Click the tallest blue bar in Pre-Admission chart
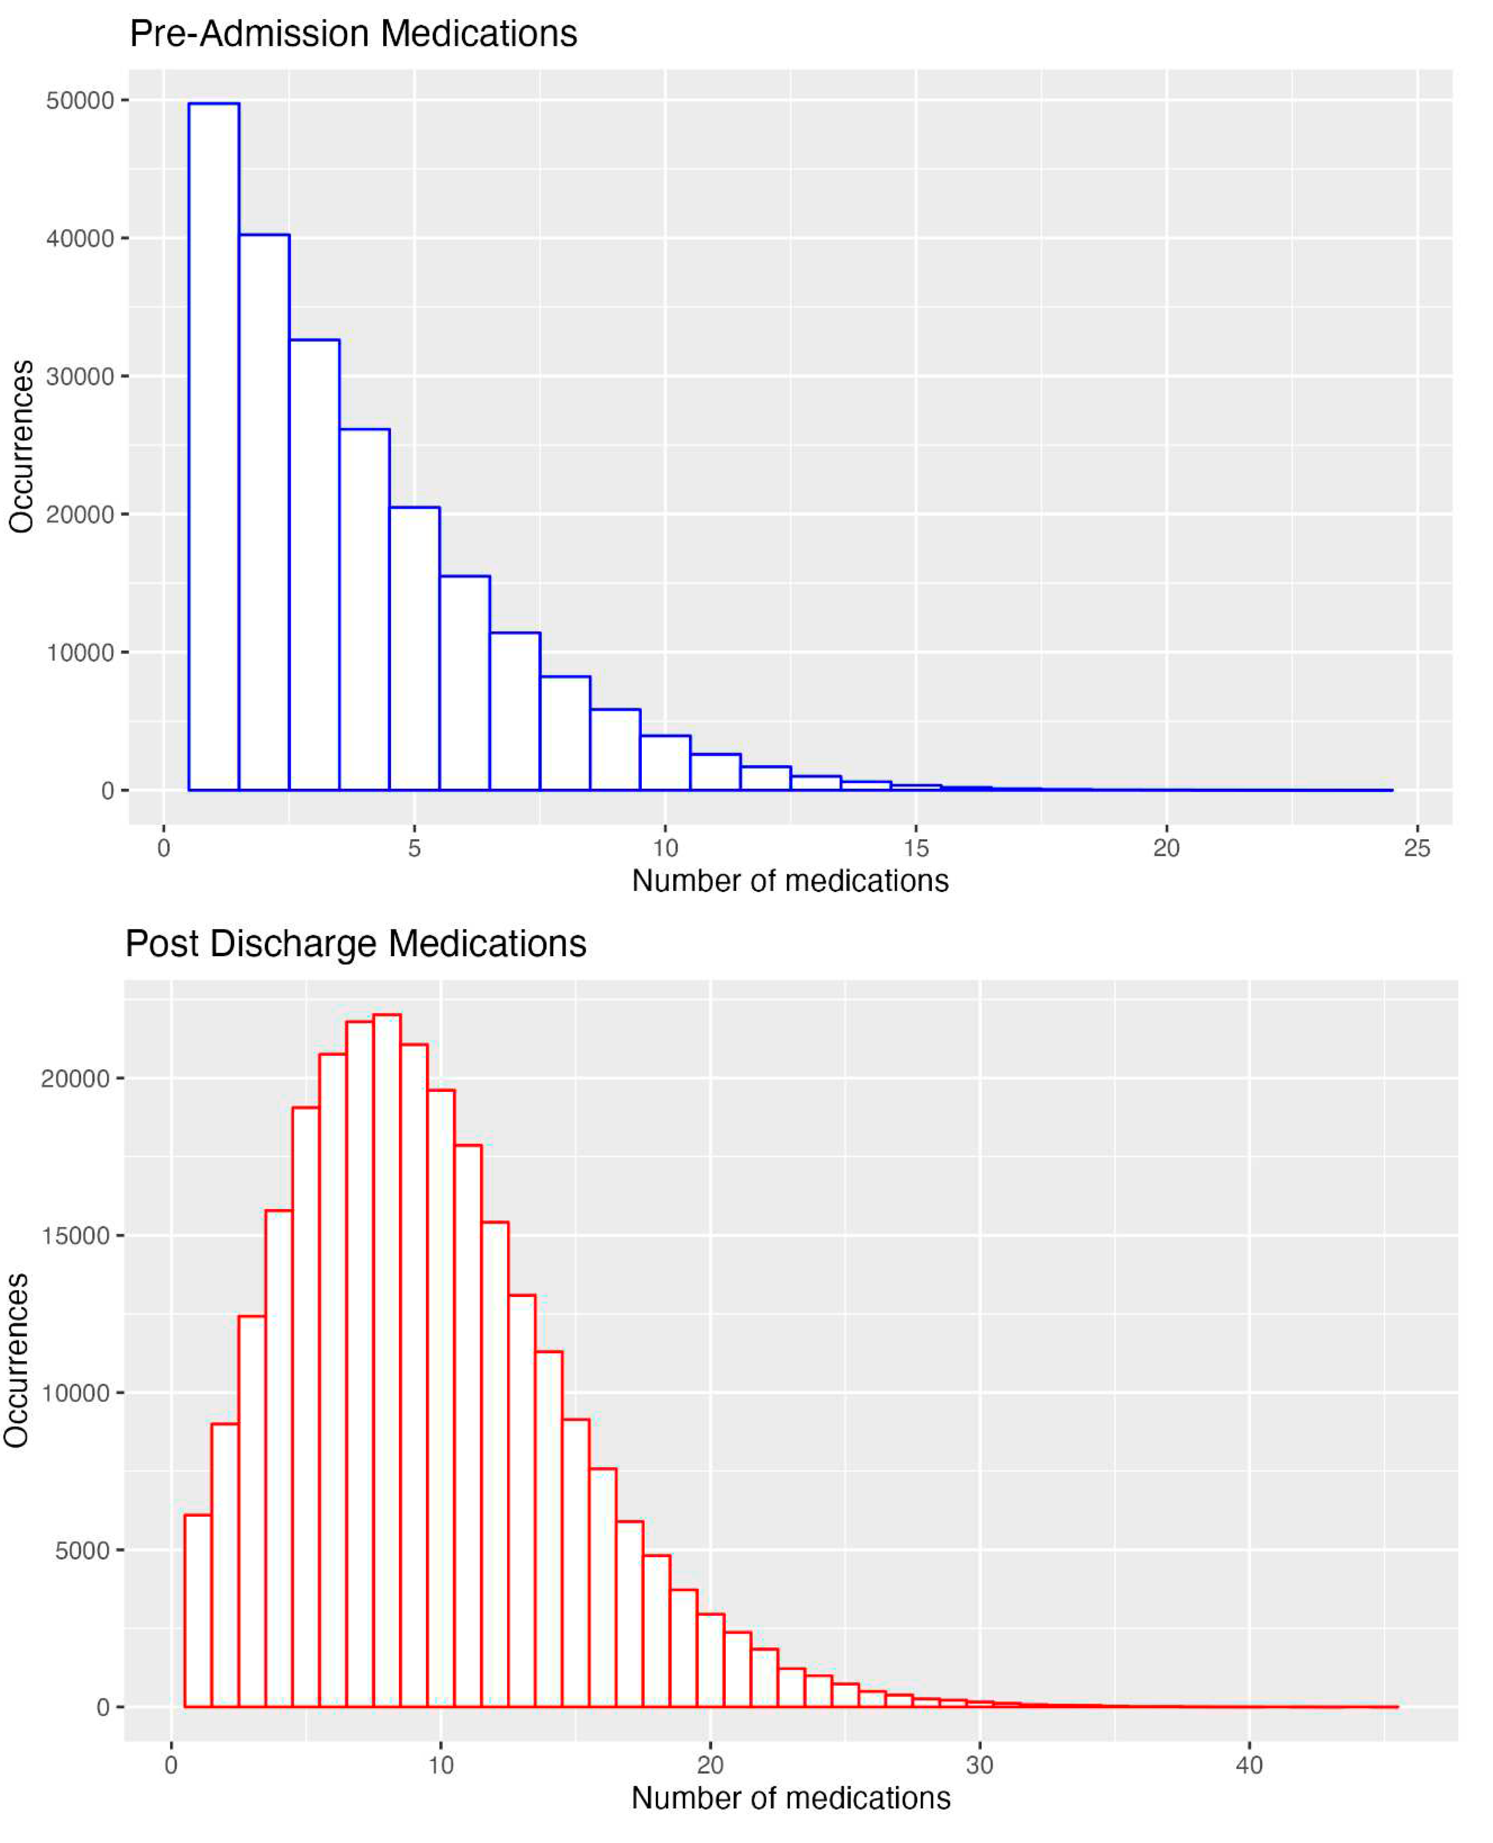pos(213,447)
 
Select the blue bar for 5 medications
pos(415,649)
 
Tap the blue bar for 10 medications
pos(665,764)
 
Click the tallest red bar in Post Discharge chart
pos(387,1367)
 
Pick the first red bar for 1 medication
pos(198,1616)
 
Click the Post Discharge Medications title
pos(355,944)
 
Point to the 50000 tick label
pos(80,101)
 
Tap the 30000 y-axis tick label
pos(80,376)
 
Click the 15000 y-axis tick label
pos(76,1236)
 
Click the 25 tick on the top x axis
pos(1416,848)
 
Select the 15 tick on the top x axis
pos(916,848)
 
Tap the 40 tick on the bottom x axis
pos(1249,1766)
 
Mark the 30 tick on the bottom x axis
pos(979,1766)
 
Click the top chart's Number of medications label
pos(790,881)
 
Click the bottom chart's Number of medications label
pos(790,1798)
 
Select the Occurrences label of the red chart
pos(17,1361)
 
